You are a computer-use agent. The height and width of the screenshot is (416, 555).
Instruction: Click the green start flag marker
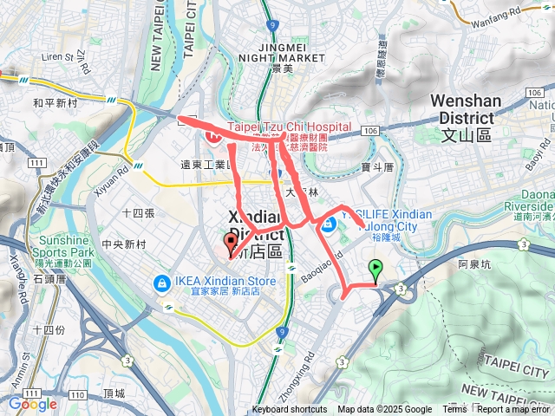click(375, 272)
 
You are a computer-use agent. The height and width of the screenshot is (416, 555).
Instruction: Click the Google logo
click(32, 404)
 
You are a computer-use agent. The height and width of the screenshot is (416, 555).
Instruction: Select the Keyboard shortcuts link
click(290, 410)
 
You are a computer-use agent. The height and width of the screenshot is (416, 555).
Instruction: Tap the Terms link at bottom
click(454, 410)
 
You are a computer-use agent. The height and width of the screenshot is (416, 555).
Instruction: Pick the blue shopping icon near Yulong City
click(329, 225)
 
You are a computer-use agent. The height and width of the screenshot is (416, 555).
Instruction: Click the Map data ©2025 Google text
click(384, 410)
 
